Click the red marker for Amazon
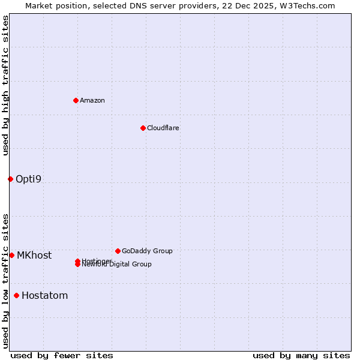pyautogui.click(x=76, y=100)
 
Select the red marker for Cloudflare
pyautogui.click(x=143, y=128)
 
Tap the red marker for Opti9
pyautogui.click(x=10, y=179)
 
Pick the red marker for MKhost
pyautogui.click(x=11, y=255)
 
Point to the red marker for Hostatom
pyautogui.click(x=16, y=295)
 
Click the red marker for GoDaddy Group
pyautogui.click(x=118, y=251)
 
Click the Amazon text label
pyautogui.click(x=92, y=100)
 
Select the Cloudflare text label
pyautogui.click(x=163, y=128)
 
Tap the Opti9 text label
pyautogui.click(x=28, y=179)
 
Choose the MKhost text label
pyautogui.click(x=34, y=255)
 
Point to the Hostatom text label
pyautogui.click(x=45, y=295)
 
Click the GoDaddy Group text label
pyautogui.click(x=147, y=251)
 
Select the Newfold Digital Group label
pyautogui.click(x=117, y=265)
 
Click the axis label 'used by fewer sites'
pyautogui.click(x=62, y=355)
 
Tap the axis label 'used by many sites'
pyautogui.click(x=301, y=355)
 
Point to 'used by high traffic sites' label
pyautogui.click(x=5, y=85)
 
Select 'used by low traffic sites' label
pyautogui.click(x=5, y=281)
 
